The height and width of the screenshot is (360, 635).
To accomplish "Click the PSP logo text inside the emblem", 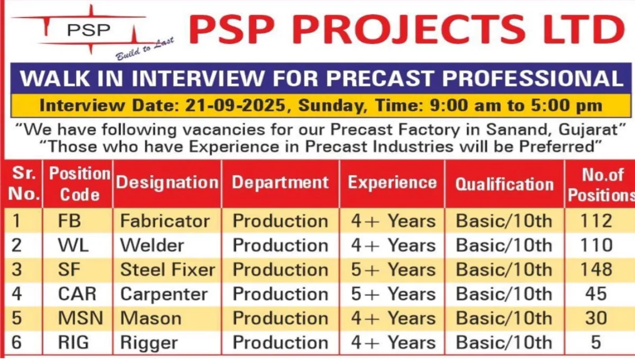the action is click(89, 30).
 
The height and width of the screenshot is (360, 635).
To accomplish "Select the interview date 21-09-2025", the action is click(235, 105).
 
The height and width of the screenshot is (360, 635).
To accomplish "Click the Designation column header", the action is click(167, 183).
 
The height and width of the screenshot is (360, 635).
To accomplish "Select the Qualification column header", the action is click(504, 184).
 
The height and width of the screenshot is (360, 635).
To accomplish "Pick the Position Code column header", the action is click(80, 184).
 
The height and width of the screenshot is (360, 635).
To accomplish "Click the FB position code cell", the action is click(69, 221).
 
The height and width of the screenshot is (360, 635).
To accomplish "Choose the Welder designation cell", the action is click(152, 245).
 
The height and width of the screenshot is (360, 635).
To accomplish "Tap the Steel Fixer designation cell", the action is click(168, 269).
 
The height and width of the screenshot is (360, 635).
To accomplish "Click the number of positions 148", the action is click(596, 269).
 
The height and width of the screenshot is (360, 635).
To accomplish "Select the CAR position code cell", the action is click(77, 294).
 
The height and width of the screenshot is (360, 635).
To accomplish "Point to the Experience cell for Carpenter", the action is click(393, 294).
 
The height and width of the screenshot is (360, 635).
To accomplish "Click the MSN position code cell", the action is click(80, 318).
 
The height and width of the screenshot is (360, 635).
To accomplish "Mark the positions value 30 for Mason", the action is click(596, 318).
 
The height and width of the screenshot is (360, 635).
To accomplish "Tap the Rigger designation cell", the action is click(149, 343).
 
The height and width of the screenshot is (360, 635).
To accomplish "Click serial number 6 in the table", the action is click(16, 343).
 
